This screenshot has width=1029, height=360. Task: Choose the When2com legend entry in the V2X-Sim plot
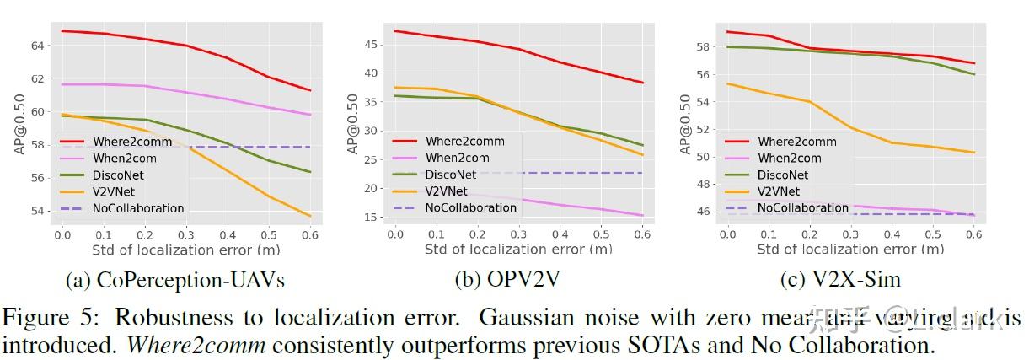(789, 158)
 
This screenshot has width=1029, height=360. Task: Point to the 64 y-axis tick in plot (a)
(40, 45)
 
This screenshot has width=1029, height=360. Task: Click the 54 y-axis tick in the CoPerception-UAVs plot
(40, 211)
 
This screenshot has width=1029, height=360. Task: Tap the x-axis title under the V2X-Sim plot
(849, 250)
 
